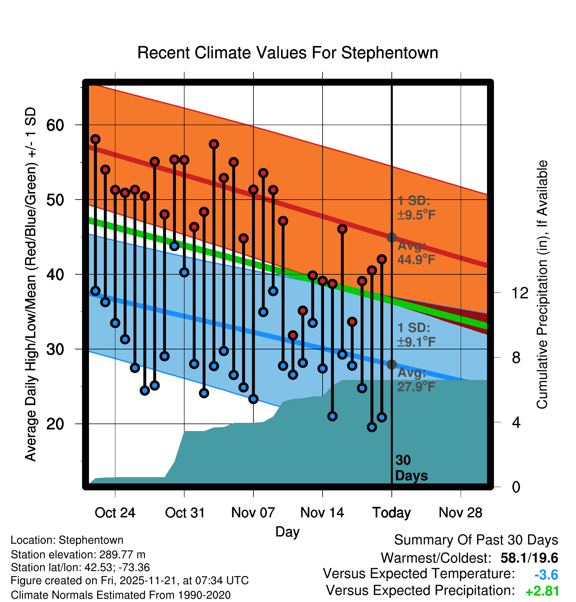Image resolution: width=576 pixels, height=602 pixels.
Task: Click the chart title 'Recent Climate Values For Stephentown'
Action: (x=288, y=53)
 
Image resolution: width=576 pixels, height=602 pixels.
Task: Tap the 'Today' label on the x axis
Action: (x=391, y=513)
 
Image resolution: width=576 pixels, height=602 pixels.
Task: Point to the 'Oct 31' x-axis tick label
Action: (x=185, y=513)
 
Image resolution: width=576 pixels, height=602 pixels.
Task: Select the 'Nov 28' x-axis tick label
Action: (x=460, y=513)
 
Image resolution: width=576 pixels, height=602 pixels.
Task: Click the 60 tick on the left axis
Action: (x=55, y=125)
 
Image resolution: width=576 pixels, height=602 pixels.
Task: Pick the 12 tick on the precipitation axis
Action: (x=520, y=293)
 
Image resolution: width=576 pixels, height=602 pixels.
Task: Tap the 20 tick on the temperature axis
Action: (x=55, y=424)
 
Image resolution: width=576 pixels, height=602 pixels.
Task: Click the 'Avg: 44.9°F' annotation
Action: (x=416, y=253)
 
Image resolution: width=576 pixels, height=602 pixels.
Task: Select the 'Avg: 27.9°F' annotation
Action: (x=416, y=379)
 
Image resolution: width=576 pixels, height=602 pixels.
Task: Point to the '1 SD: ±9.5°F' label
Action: (x=416, y=208)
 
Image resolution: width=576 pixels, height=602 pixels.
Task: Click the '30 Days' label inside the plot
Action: (x=411, y=468)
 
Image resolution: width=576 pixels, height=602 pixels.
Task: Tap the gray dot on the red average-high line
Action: (x=391, y=237)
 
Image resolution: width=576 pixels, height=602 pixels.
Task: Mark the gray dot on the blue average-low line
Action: (x=391, y=365)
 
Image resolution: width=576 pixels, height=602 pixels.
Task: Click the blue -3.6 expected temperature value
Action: (x=546, y=575)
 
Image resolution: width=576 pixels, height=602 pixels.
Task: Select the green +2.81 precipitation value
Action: (x=542, y=591)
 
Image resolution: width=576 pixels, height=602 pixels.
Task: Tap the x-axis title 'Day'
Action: (x=287, y=532)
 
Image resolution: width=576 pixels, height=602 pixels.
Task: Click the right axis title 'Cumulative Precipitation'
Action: (x=542, y=285)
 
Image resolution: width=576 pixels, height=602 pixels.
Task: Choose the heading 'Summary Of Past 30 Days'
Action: (x=476, y=540)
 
